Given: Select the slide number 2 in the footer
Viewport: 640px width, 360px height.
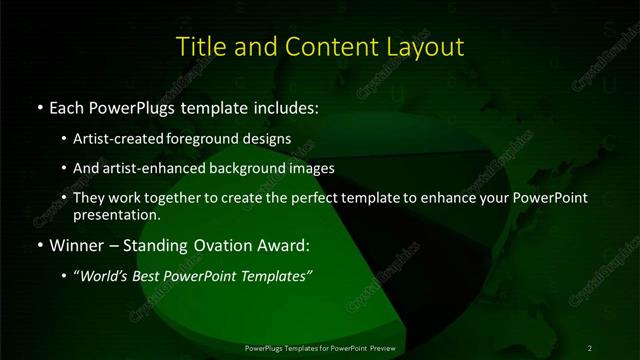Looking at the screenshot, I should (x=589, y=348).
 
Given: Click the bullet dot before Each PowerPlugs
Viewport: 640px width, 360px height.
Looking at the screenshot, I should (x=39, y=106).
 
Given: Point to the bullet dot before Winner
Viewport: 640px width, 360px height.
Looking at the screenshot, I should (x=39, y=243).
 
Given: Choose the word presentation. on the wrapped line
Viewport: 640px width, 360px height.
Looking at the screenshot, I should (x=117, y=214).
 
